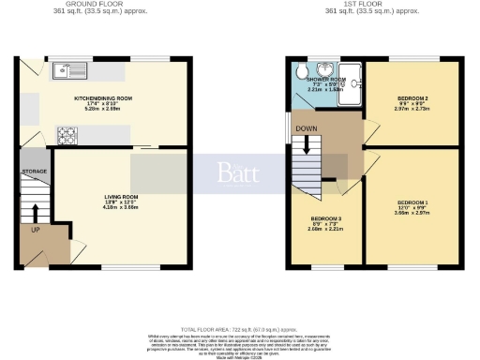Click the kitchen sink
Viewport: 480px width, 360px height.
point(70,68)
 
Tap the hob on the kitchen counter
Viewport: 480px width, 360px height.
point(67,132)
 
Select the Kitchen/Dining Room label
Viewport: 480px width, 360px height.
point(103,97)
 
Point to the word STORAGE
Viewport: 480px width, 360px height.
point(35,172)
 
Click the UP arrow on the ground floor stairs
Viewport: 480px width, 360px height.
point(36,213)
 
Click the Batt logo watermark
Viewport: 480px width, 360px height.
point(239,172)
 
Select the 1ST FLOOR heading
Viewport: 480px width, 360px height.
point(371,5)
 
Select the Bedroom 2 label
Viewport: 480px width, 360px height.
point(412,97)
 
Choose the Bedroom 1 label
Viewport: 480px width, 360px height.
point(412,202)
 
